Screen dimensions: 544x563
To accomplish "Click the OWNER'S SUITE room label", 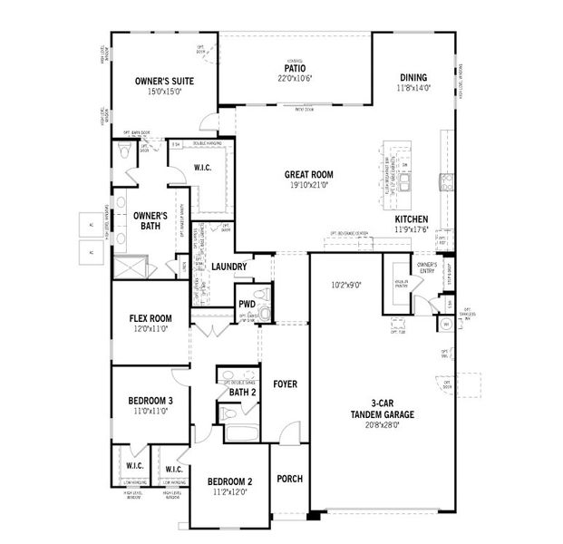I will [x=160, y=81].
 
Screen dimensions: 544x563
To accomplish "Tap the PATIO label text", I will [x=294, y=68].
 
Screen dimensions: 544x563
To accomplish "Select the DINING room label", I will [x=412, y=78].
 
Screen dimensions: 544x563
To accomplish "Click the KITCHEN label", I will [x=412, y=219].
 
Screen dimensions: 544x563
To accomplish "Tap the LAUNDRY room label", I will [x=229, y=267].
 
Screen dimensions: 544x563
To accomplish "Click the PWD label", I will [x=246, y=305].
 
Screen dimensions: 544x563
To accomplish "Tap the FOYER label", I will [x=286, y=384].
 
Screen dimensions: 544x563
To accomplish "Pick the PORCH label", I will [x=289, y=479].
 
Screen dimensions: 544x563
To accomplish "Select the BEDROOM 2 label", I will [x=229, y=481].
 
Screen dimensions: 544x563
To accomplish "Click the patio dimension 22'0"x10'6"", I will [x=294, y=79].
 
